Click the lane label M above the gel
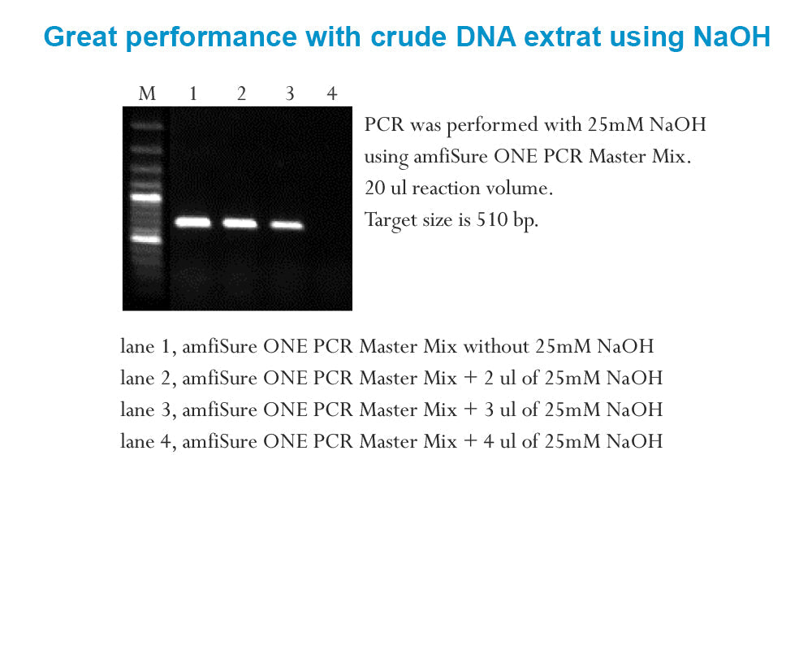click(x=147, y=94)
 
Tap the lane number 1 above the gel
click(x=193, y=94)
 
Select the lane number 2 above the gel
click(x=241, y=94)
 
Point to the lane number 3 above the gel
click(x=289, y=94)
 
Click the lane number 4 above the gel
click(x=331, y=94)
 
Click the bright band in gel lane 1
click(x=193, y=222)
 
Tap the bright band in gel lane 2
click(x=240, y=223)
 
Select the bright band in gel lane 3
click(x=287, y=224)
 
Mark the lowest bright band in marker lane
click(x=148, y=239)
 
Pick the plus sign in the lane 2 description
click(x=470, y=379)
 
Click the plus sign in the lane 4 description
click(x=470, y=442)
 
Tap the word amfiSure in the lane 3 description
click(x=218, y=410)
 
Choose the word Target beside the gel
click(x=390, y=220)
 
